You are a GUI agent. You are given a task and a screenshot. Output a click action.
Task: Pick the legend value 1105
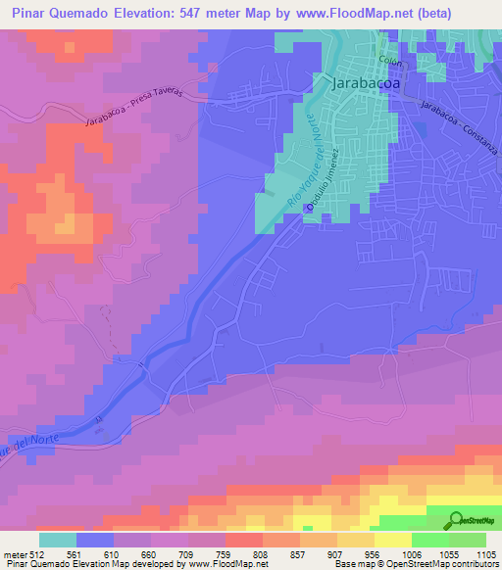pos(487,553)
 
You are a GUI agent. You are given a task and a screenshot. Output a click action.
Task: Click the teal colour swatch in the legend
pos(58,540)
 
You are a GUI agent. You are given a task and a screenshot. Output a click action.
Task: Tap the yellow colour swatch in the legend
pos(393,540)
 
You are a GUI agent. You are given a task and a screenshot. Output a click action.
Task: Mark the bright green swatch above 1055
pos(430,540)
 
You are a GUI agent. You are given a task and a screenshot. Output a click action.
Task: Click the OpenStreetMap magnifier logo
pos(457,519)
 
